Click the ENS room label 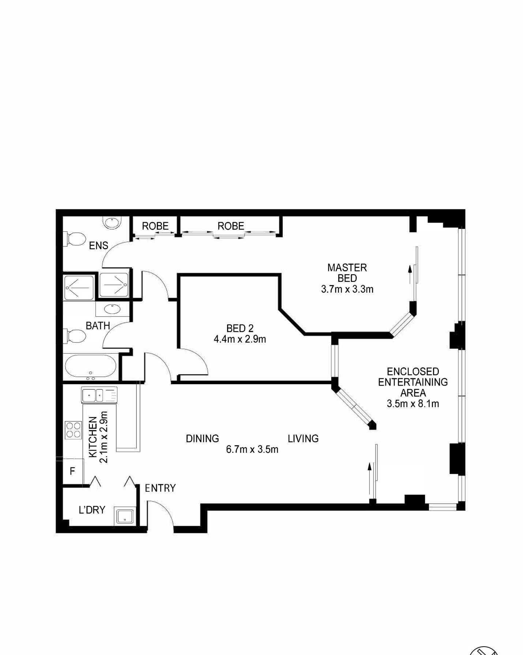(98, 246)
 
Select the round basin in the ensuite (112, 223)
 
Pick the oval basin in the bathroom (112, 309)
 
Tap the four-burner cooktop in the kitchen (73, 430)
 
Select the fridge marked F (72, 471)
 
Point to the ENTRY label (160, 488)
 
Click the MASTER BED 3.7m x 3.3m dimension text (347, 289)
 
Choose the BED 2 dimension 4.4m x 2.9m (240, 339)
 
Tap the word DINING (202, 439)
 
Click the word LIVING (303, 439)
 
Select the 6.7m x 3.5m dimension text (252, 449)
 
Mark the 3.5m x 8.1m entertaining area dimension (413, 404)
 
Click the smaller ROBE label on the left (155, 226)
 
